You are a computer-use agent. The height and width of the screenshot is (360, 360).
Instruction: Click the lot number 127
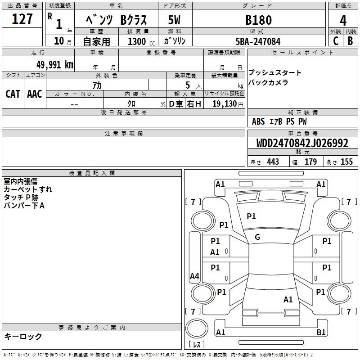[x=22, y=18]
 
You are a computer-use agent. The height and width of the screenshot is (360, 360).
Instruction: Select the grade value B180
[x=258, y=20]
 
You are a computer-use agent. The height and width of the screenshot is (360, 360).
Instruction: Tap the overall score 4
[x=343, y=21]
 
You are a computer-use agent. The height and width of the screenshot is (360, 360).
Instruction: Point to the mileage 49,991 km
[x=54, y=65]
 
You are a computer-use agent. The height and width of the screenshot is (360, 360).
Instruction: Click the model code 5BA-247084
[x=258, y=41]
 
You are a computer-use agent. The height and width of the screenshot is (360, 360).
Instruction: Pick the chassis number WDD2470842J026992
[x=302, y=143]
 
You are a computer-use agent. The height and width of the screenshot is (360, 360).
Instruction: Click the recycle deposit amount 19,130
[x=225, y=104]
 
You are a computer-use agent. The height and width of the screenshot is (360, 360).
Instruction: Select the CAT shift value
[x=13, y=94]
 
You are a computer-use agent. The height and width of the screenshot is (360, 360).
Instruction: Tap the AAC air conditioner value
[x=35, y=94]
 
